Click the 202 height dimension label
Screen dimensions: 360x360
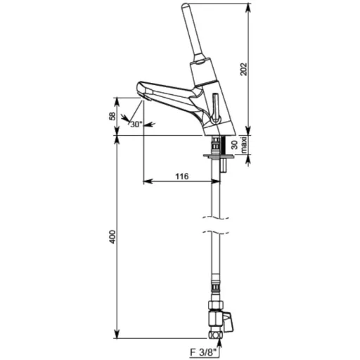click(x=244, y=69)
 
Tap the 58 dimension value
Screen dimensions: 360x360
click(x=112, y=116)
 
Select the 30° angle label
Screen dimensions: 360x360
click(x=136, y=124)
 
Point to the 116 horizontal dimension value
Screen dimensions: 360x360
click(x=182, y=176)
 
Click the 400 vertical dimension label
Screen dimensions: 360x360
click(x=112, y=237)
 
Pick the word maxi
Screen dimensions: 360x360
click(x=244, y=145)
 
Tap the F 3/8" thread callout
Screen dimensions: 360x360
click(x=203, y=352)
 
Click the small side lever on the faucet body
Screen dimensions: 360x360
click(x=215, y=108)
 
